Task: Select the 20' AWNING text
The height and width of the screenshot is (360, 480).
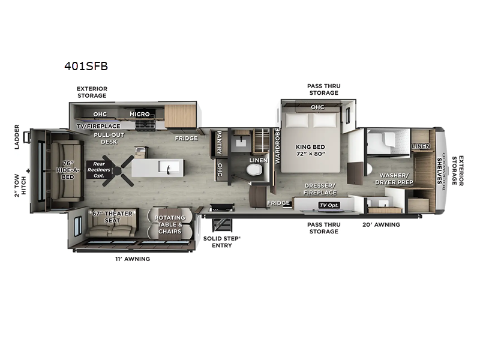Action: pyautogui.click(x=380, y=224)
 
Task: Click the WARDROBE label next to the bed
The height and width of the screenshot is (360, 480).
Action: pyautogui.click(x=277, y=146)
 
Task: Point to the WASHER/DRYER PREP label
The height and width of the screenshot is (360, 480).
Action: pyautogui.click(x=394, y=178)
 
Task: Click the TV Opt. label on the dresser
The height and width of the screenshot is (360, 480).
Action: pyautogui.click(x=328, y=205)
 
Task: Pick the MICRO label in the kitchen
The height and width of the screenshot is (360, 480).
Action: pyautogui.click(x=140, y=114)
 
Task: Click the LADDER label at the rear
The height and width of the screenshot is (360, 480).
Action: pyautogui.click(x=17, y=137)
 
